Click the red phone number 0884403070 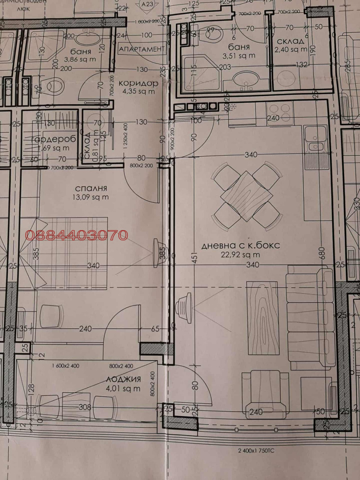(76, 235)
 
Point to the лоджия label (123, 379)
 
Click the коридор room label (139, 83)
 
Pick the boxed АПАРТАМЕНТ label (140, 49)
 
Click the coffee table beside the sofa (262, 317)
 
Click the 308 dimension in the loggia (85, 408)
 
